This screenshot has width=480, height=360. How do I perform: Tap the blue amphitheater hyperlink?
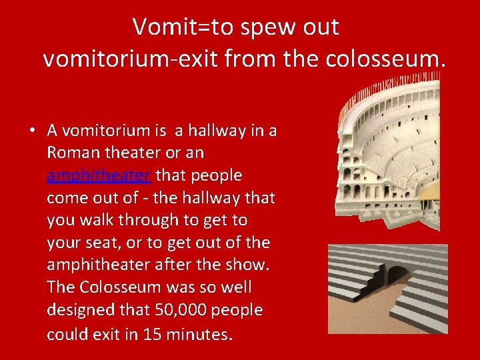click(x=99, y=175)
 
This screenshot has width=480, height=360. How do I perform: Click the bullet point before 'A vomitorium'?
click(x=32, y=131)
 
